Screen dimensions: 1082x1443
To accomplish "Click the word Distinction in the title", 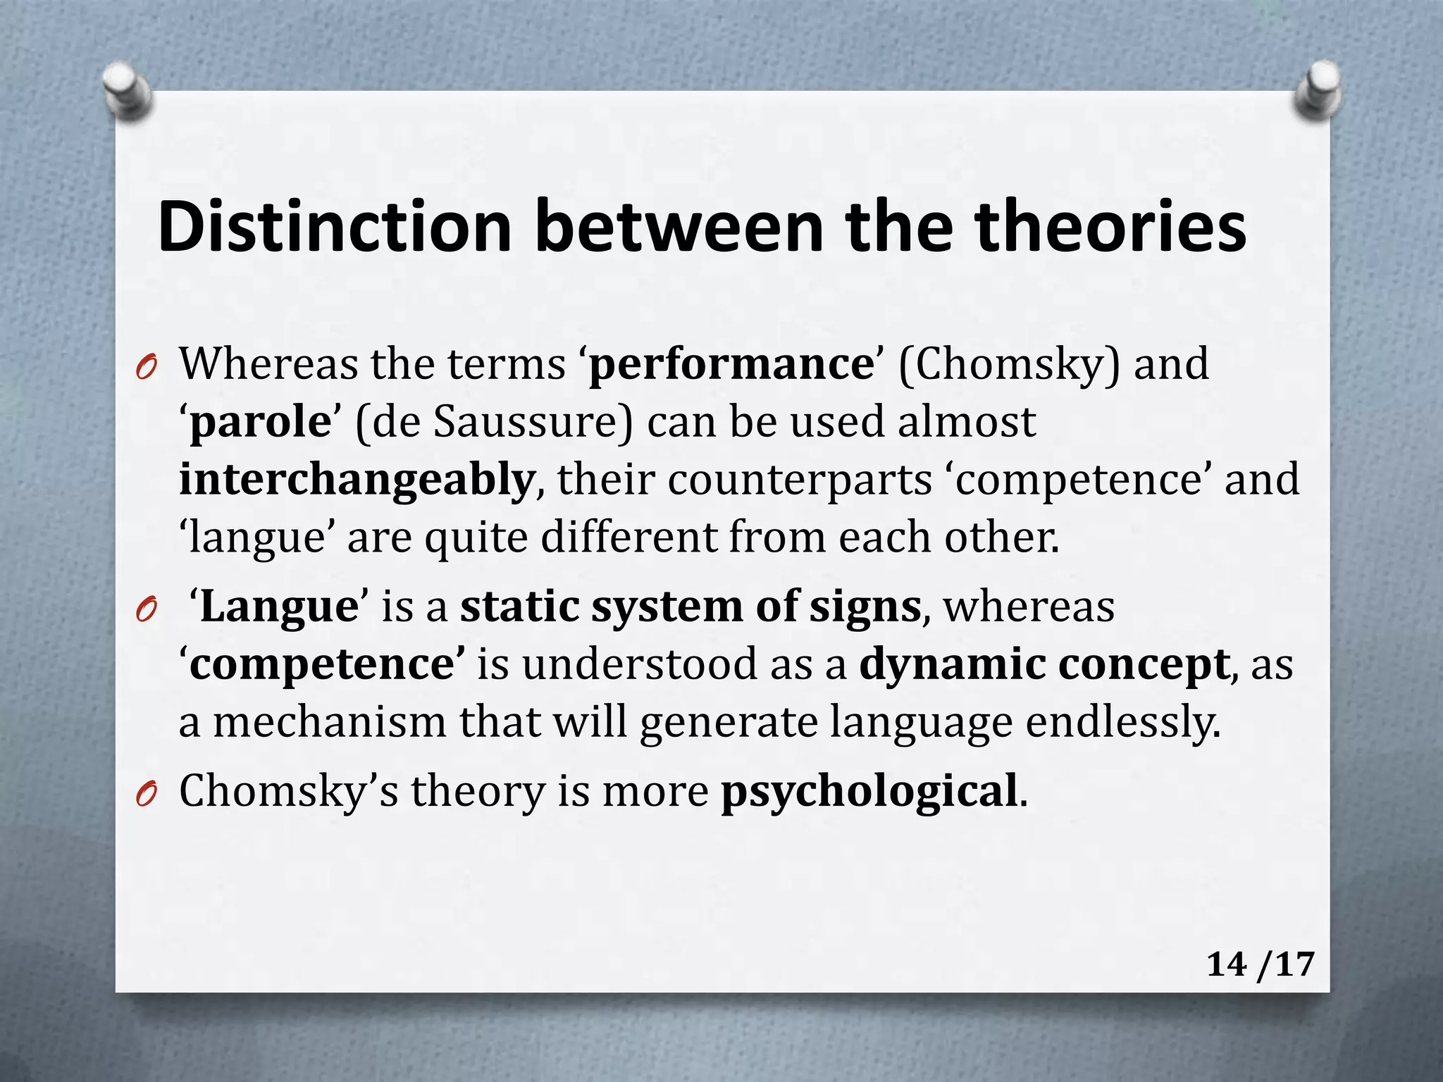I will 335,227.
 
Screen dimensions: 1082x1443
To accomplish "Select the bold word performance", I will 731,365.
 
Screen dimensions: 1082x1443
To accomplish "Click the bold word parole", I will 260,423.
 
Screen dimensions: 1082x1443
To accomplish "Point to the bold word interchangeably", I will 357,480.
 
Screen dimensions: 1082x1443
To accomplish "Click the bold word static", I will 519,607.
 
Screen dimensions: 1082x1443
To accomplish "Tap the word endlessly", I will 1122,723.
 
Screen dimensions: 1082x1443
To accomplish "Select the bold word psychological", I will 869,792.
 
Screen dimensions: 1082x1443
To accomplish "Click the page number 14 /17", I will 1260,964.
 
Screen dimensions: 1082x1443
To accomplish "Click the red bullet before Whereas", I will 146,367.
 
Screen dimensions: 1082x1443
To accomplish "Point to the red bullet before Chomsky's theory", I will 146,794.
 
